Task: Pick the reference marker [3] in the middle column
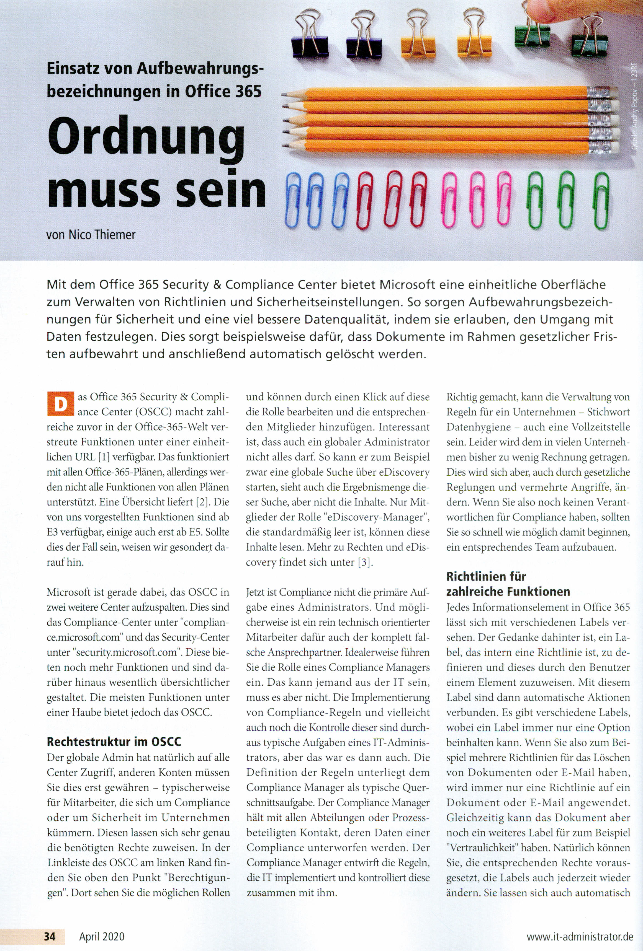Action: pyautogui.click(x=365, y=562)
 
